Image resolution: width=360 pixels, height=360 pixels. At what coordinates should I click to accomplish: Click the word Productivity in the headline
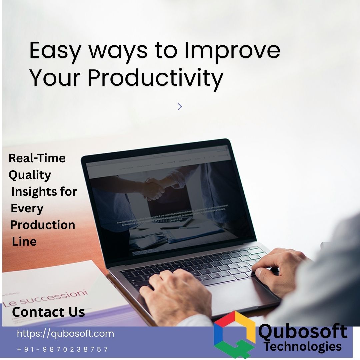click(x=156, y=78)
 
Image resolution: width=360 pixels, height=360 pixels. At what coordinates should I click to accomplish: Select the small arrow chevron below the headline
click(x=180, y=106)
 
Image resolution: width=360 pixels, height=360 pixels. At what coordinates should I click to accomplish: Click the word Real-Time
click(x=37, y=158)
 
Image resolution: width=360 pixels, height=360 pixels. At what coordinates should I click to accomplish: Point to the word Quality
click(x=30, y=175)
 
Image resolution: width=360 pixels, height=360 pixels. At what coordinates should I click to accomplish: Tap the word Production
click(x=43, y=225)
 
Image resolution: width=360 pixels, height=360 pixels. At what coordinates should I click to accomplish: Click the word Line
click(x=24, y=241)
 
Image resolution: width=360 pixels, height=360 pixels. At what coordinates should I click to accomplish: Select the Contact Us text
click(x=48, y=312)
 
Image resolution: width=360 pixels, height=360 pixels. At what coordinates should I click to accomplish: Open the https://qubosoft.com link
click(x=65, y=334)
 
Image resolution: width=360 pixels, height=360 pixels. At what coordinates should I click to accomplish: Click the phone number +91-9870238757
click(x=63, y=349)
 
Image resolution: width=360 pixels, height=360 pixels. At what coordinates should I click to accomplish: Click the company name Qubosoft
click(x=303, y=332)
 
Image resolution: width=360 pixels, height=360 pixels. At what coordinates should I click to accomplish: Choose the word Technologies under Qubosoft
click(x=303, y=347)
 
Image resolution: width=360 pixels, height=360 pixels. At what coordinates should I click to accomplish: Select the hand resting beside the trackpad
click(x=173, y=293)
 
